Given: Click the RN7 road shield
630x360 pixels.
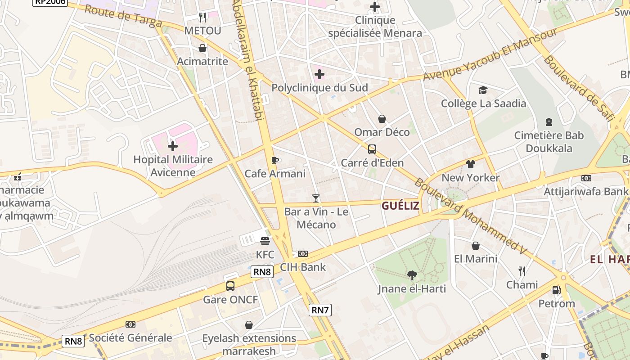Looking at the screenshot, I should click(320, 310).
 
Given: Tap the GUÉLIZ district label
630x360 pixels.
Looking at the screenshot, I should click(400, 206).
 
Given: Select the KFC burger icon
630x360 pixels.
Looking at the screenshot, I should click(265, 241).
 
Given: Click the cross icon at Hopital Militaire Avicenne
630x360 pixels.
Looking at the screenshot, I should click(173, 146).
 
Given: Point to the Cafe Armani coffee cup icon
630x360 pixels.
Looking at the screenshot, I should click(275, 160).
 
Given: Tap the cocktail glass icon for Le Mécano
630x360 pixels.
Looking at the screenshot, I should click(316, 198).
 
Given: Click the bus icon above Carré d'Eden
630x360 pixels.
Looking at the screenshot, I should click(372, 149).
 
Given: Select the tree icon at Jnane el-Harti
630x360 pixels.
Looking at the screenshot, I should click(412, 275).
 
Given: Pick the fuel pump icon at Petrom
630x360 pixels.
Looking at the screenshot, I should click(557, 290).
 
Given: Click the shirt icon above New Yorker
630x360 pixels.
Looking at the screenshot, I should click(471, 164).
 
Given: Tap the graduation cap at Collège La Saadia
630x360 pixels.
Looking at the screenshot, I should click(483, 90).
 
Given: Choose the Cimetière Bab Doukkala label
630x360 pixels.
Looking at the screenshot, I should click(549, 142).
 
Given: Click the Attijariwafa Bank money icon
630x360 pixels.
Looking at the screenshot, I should click(586, 178).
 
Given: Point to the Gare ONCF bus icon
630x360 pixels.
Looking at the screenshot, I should click(230, 286).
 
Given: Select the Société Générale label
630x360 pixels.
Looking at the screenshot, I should click(130, 337).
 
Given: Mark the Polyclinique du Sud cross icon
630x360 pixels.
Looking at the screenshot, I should click(319, 74).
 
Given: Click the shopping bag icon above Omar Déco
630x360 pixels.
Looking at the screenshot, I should click(382, 119).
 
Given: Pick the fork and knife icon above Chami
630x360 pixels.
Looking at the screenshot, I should click(522, 271).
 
